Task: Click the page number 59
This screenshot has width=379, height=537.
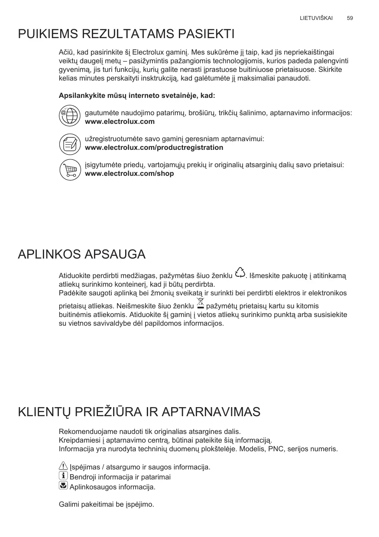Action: coord(350,18)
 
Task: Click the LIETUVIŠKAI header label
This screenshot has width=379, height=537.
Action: coord(316,18)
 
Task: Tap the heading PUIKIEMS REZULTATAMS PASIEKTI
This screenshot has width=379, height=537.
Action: coord(126,34)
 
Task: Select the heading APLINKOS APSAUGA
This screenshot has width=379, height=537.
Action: coord(81,254)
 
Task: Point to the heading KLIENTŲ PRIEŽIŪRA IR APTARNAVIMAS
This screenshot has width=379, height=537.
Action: coord(139,412)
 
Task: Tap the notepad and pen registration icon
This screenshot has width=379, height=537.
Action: coord(70,144)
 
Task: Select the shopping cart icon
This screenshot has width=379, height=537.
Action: coord(70,169)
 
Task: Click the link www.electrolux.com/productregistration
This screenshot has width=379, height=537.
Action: coord(154,148)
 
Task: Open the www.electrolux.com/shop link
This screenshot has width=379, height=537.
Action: coord(130,174)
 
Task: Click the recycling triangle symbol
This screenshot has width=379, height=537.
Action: coord(240,273)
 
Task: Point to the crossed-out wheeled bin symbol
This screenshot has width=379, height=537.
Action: coord(200,303)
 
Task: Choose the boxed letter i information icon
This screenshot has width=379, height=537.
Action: coord(63,476)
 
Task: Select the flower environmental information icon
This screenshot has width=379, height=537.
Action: coord(63,486)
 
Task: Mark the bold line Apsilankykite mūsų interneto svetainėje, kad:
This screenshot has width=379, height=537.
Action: coord(137,95)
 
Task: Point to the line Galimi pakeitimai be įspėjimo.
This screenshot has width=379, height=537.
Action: coord(107,505)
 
